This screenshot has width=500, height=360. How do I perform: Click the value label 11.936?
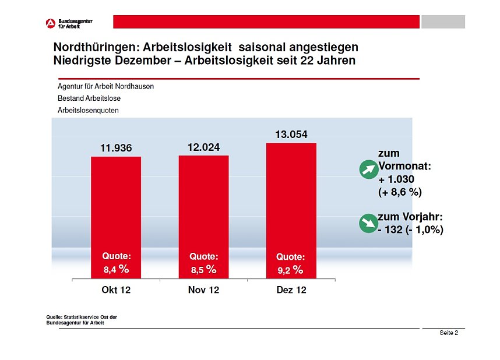tap(116, 149)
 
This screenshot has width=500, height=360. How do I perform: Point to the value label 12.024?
tap(203, 147)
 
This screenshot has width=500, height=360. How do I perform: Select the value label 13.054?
tap(291, 135)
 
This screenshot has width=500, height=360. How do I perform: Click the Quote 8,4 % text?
tap(116, 263)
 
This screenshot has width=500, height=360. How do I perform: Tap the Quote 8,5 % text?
tap(203, 263)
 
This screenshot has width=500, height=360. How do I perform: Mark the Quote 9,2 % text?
tap(290, 263)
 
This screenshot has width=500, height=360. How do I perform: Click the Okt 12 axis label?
tap(116, 290)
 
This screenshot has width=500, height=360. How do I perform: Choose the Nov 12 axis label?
tap(203, 290)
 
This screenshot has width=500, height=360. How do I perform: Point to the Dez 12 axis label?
tap(291, 290)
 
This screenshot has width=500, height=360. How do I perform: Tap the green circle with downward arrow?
tap(368, 223)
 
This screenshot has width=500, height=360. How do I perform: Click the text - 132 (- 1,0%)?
tap(410, 230)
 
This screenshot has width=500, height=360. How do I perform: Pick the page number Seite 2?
tap(448, 333)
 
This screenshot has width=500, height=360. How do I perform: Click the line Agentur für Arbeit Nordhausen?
tap(105, 86)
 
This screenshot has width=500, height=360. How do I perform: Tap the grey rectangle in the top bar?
tap(443, 22)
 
